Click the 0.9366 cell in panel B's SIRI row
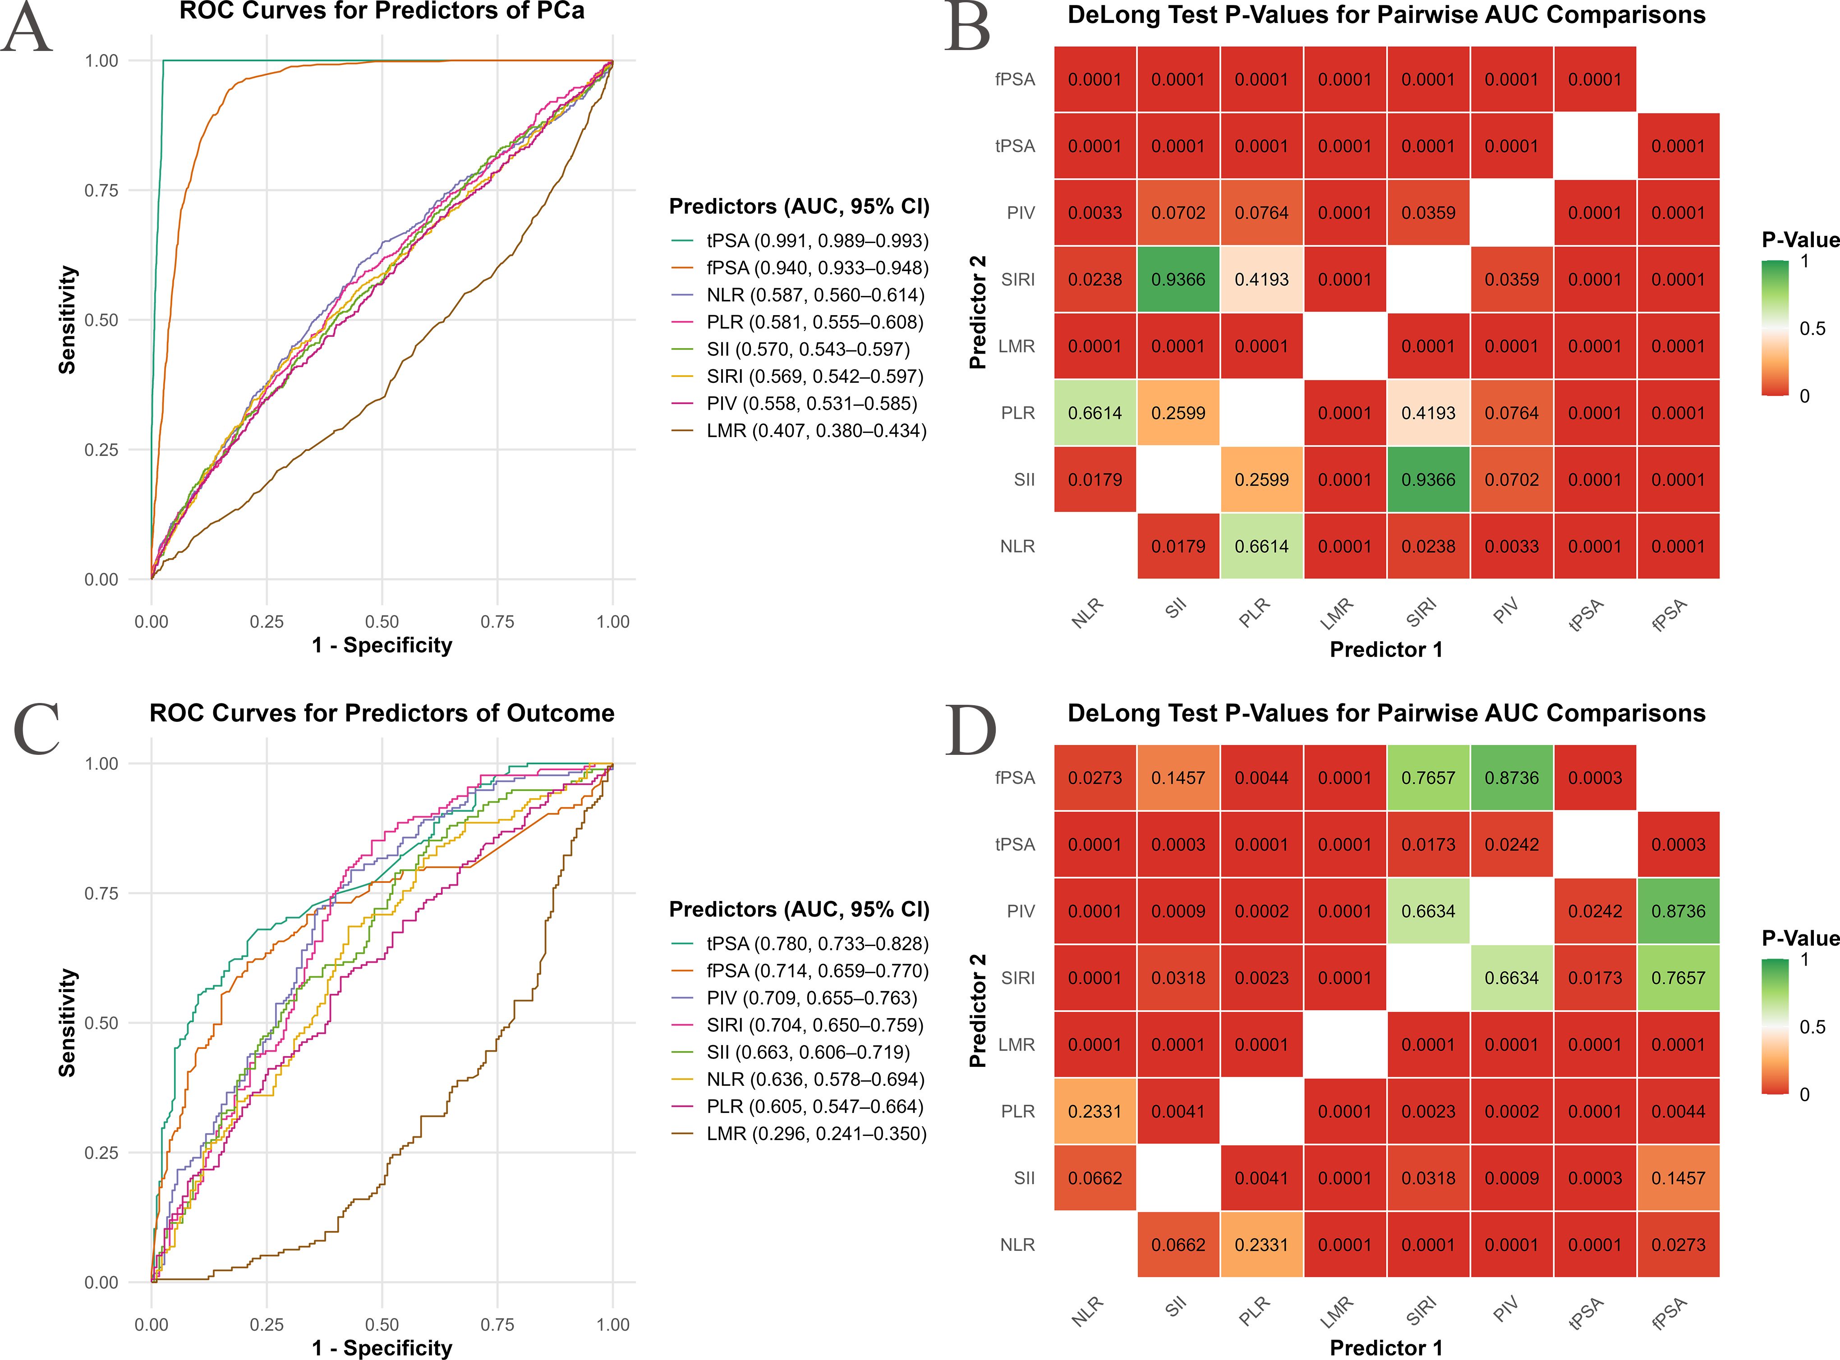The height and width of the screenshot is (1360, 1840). coord(1178,280)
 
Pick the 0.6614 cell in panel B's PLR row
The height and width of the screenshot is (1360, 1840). coord(1095,413)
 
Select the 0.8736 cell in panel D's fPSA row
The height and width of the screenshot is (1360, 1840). coord(1512,778)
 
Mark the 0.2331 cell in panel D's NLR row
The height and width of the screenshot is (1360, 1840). coord(1261,1245)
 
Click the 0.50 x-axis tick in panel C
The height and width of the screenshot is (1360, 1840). coord(382,1324)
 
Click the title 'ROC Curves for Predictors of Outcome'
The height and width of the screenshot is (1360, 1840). coord(382,713)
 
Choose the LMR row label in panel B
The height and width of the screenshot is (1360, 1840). coord(1016,347)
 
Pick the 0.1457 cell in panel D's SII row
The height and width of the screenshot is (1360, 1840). coord(1678,1178)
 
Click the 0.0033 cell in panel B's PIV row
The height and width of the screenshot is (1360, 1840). coord(1095,213)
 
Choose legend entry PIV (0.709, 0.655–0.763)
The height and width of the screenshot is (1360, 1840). coord(811,998)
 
